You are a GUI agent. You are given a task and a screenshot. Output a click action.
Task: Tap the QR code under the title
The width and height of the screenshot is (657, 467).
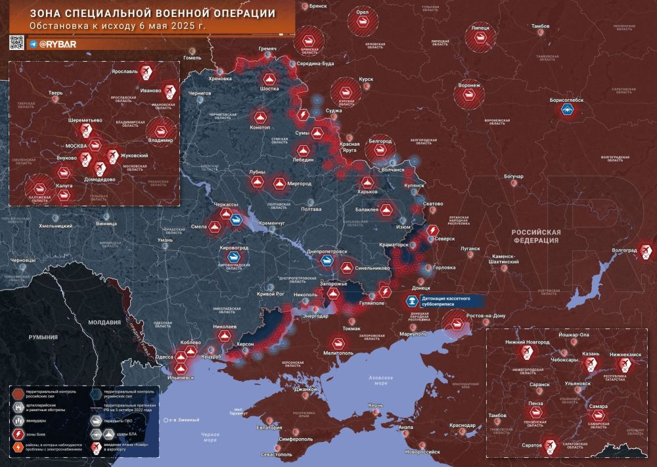(16, 43)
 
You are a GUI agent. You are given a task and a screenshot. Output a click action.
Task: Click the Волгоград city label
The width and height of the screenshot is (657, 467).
(623, 251)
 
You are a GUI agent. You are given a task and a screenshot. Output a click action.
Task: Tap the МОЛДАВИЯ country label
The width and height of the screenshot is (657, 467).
(104, 322)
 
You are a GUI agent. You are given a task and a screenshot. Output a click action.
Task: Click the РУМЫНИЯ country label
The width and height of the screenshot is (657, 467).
(43, 336)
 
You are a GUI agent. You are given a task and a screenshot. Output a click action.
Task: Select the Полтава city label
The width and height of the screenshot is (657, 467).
(311, 209)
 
